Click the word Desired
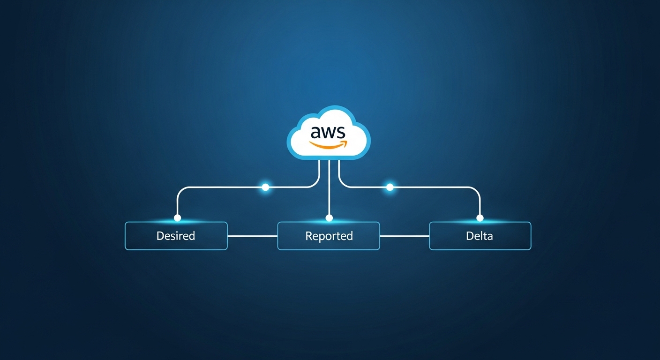(176, 236)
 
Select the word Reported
(329, 236)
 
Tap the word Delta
(480, 236)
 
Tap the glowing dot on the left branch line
(265, 187)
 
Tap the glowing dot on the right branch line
(390, 187)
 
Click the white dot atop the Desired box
(177, 218)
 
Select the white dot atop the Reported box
(329, 218)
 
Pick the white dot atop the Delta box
(480, 218)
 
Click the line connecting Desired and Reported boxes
(252, 236)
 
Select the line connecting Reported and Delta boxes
(404, 236)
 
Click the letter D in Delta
(469, 236)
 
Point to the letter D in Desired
(160, 236)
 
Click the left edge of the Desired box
(125, 236)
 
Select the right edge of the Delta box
(531, 236)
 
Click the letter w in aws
(328, 133)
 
